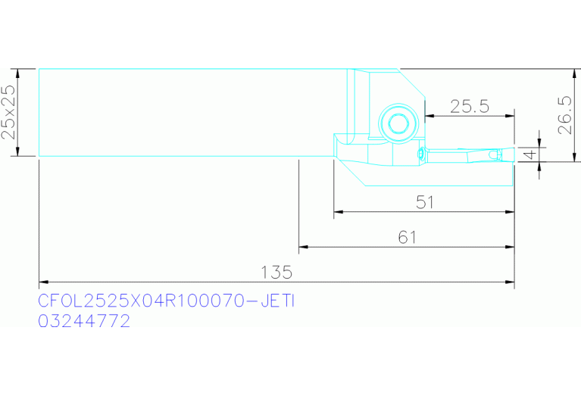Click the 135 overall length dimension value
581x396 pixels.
[x=276, y=273]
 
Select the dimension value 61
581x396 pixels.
[x=408, y=238]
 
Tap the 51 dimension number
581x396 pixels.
[x=425, y=202]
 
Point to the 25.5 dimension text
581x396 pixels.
[x=470, y=107]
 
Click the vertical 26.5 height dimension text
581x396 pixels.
[x=564, y=115]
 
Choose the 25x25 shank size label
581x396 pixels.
[x=8, y=112]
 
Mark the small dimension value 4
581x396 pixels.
[x=530, y=154]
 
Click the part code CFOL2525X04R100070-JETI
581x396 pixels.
[x=167, y=301]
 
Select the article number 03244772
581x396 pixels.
[x=84, y=321]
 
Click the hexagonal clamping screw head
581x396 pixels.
[x=398, y=123]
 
